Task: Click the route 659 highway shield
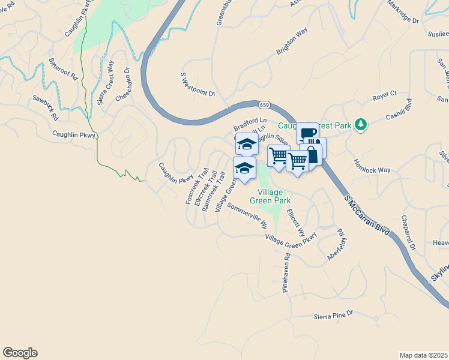point(265,105)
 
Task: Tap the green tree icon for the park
point(360,124)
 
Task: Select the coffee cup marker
point(307,133)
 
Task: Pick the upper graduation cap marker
point(247,144)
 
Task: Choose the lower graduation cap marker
point(244,167)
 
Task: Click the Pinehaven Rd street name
point(286,272)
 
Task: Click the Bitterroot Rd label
point(64,69)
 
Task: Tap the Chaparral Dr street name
point(408,232)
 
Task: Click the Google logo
point(20,353)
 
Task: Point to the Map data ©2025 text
point(423,355)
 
